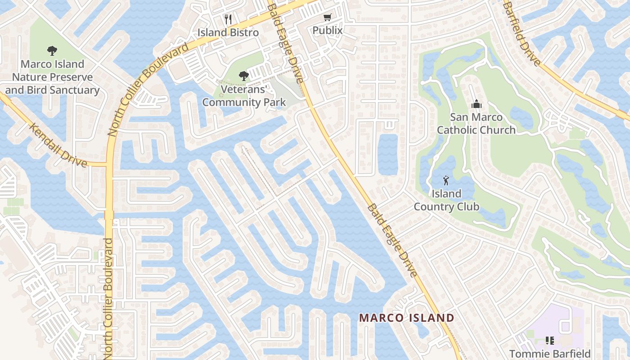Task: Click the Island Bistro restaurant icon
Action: click(228, 19)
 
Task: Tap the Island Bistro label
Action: click(228, 32)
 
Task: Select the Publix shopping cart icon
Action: click(328, 18)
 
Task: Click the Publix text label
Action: click(328, 30)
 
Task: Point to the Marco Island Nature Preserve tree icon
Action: click(52, 51)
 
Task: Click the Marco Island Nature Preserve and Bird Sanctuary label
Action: click(52, 77)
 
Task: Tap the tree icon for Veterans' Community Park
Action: click(243, 76)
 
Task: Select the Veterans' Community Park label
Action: click(243, 95)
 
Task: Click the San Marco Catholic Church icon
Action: click(476, 104)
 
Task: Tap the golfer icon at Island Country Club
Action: click(446, 181)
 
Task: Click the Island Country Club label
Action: click(446, 200)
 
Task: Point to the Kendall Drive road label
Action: click(58, 144)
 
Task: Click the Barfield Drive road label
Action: click(522, 33)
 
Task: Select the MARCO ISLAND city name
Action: click(406, 318)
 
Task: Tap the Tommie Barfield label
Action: click(549, 354)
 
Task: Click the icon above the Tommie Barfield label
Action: click(549, 341)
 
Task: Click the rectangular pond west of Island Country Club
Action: click(387, 154)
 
